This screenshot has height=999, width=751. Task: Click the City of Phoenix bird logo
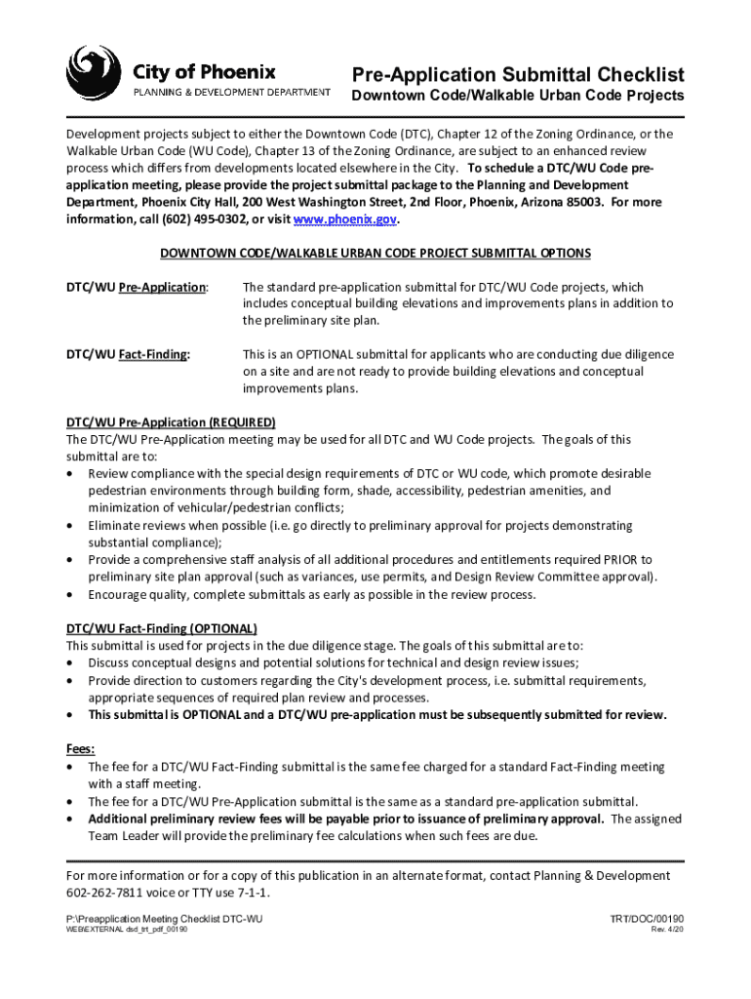coord(95,75)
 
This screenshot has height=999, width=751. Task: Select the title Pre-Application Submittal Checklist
coord(518,75)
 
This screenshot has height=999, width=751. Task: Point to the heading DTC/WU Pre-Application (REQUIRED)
coord(171,422)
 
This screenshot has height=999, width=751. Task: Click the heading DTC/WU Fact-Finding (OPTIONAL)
coord(162,628)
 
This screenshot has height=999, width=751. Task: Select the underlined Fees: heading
coord(80,749)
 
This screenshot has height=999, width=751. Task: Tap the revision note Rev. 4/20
coord(667,930)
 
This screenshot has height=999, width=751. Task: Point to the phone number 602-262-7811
coord(103,893)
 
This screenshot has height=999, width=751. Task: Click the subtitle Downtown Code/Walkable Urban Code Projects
coord(517,97)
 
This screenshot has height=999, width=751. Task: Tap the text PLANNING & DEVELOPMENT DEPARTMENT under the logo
coord(231,93)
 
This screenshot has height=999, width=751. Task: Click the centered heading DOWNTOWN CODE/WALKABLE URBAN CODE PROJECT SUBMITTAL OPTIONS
coord(375,254)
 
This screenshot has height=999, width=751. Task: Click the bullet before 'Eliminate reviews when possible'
coord(71,526)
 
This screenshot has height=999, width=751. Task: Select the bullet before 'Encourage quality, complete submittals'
coord(71,594)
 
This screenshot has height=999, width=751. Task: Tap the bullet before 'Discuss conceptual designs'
coord(71,663)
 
